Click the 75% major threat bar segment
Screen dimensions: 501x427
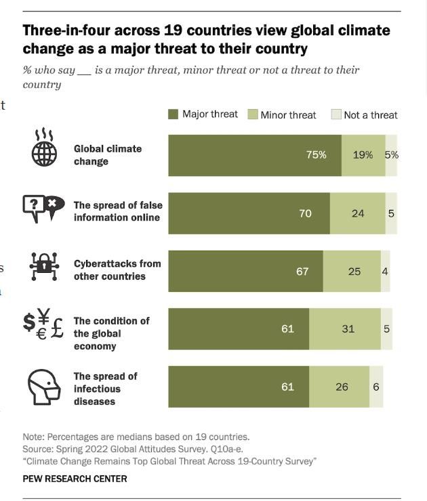[x=254, y=155]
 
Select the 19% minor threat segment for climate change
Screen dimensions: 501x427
[x=363, y=155]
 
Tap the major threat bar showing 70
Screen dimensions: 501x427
[x=249, y=213]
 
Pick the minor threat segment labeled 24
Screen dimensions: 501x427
[x=357, y=213]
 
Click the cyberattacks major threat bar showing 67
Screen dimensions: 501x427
[x=245, y=271]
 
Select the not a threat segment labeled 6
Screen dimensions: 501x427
[x=376, y=387]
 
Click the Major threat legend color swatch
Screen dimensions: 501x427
[x=174, y=114]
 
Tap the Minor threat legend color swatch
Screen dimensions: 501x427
[x=252, y=115]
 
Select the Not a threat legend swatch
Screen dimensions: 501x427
[x=335, y=115]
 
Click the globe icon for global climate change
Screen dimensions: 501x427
[x=45, y=148]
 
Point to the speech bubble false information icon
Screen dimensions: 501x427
[x=43, y=206]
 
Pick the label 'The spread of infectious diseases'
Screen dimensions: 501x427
[x=105, y=389]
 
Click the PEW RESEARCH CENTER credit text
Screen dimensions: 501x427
[x=75, y=479]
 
